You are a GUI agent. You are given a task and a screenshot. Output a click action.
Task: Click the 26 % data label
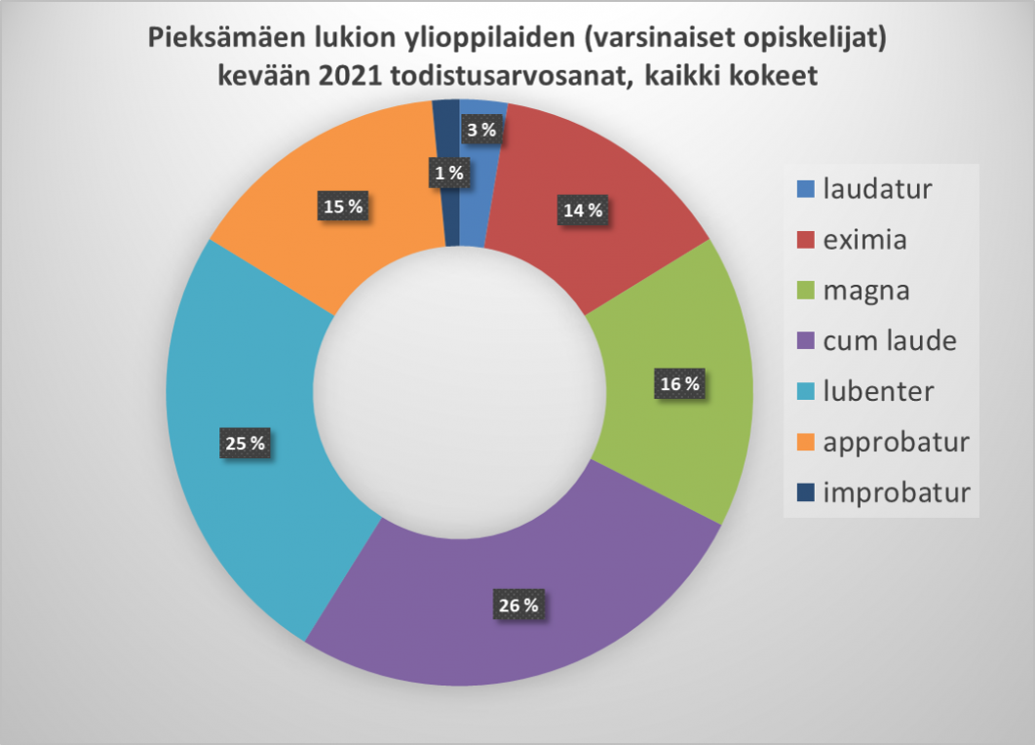click(x=517, y=606)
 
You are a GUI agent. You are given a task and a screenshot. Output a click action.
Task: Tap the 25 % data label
click(x=244, y=443)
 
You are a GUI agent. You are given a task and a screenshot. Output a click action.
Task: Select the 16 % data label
click(x=679, y=384)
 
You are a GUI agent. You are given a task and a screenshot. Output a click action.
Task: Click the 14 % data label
click(x=581, y=210)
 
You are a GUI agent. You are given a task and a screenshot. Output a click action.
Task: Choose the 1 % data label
click(x=448, y=174)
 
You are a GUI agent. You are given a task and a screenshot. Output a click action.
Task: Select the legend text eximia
click(x=864, y=238)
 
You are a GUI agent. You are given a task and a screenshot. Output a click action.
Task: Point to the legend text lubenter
click(x=879, y=391)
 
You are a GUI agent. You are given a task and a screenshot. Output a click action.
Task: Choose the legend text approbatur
click(x=897, y=442)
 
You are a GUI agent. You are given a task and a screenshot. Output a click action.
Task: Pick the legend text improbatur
click(x=897, y=492)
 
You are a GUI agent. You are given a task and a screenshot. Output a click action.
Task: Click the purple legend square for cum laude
click(x=804, y=341)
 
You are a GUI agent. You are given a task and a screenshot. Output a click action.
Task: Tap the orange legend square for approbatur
click(x=804, y=443)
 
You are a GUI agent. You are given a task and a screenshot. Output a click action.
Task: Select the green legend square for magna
click(x=804, y=291)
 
